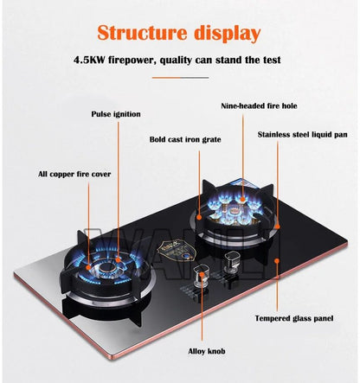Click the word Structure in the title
pos(141,34)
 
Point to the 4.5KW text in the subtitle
pos(93,60)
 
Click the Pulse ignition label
pos(117,113)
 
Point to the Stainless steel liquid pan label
pos(301,134)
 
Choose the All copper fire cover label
pos(74,174)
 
